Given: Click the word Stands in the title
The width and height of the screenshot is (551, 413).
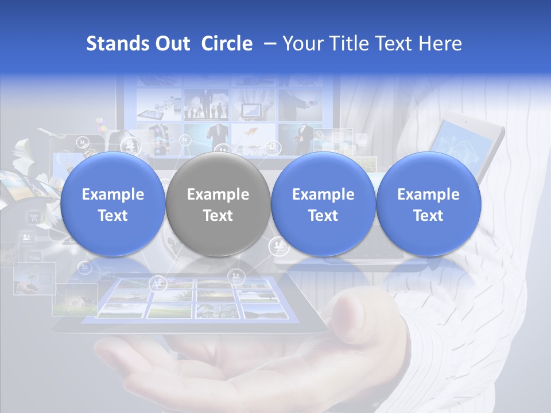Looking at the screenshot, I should click(112, 44).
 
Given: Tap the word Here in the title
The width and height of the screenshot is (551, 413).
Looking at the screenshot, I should click(441, 44).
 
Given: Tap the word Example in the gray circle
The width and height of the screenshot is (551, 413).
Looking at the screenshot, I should click(218, 194).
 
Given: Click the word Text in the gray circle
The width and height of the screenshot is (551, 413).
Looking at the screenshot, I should click(218, 216).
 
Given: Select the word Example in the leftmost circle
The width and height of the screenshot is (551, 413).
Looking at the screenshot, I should click(113, 194).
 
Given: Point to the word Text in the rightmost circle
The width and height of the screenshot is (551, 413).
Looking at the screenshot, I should click(429, 216).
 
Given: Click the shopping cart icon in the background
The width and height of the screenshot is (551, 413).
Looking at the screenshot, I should click(34, 217).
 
